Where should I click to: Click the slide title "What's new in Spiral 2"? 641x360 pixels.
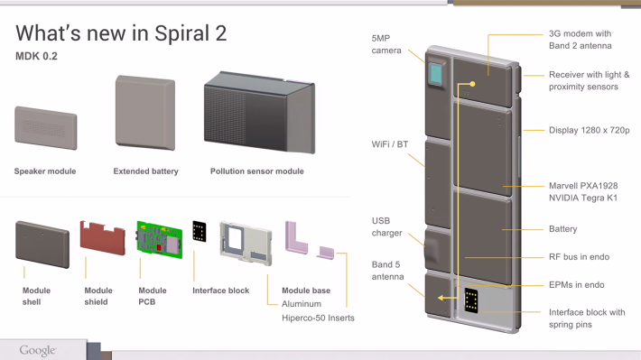coord(121,33)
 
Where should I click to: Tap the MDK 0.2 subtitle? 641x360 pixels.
coord(36,56)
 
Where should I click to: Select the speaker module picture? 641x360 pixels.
coord(46,128)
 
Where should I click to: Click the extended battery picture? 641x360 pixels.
coord(145,113)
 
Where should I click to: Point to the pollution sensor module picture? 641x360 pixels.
coord(260,113)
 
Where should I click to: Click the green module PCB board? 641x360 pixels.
coord(160,239)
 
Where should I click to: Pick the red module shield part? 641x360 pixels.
coord(103,238)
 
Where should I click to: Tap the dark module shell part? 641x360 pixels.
coord(42,245)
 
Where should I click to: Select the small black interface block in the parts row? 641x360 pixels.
coord(200,231)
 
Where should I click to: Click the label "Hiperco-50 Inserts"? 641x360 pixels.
coord(318,318)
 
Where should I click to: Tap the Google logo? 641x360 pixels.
coord(38,350)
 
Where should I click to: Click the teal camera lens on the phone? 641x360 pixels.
coord(436,74)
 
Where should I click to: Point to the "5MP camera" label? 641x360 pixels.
coord(386,44)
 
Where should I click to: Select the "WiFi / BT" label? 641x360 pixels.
coord(390,144)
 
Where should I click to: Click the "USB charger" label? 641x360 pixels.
coord(386,226)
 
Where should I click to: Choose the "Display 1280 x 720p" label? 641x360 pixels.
coord(589,130)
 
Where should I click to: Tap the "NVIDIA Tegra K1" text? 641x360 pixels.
coord(583,198)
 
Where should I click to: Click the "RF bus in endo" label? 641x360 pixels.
coord(579,256)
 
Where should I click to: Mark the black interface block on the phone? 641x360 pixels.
coord(471,300)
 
